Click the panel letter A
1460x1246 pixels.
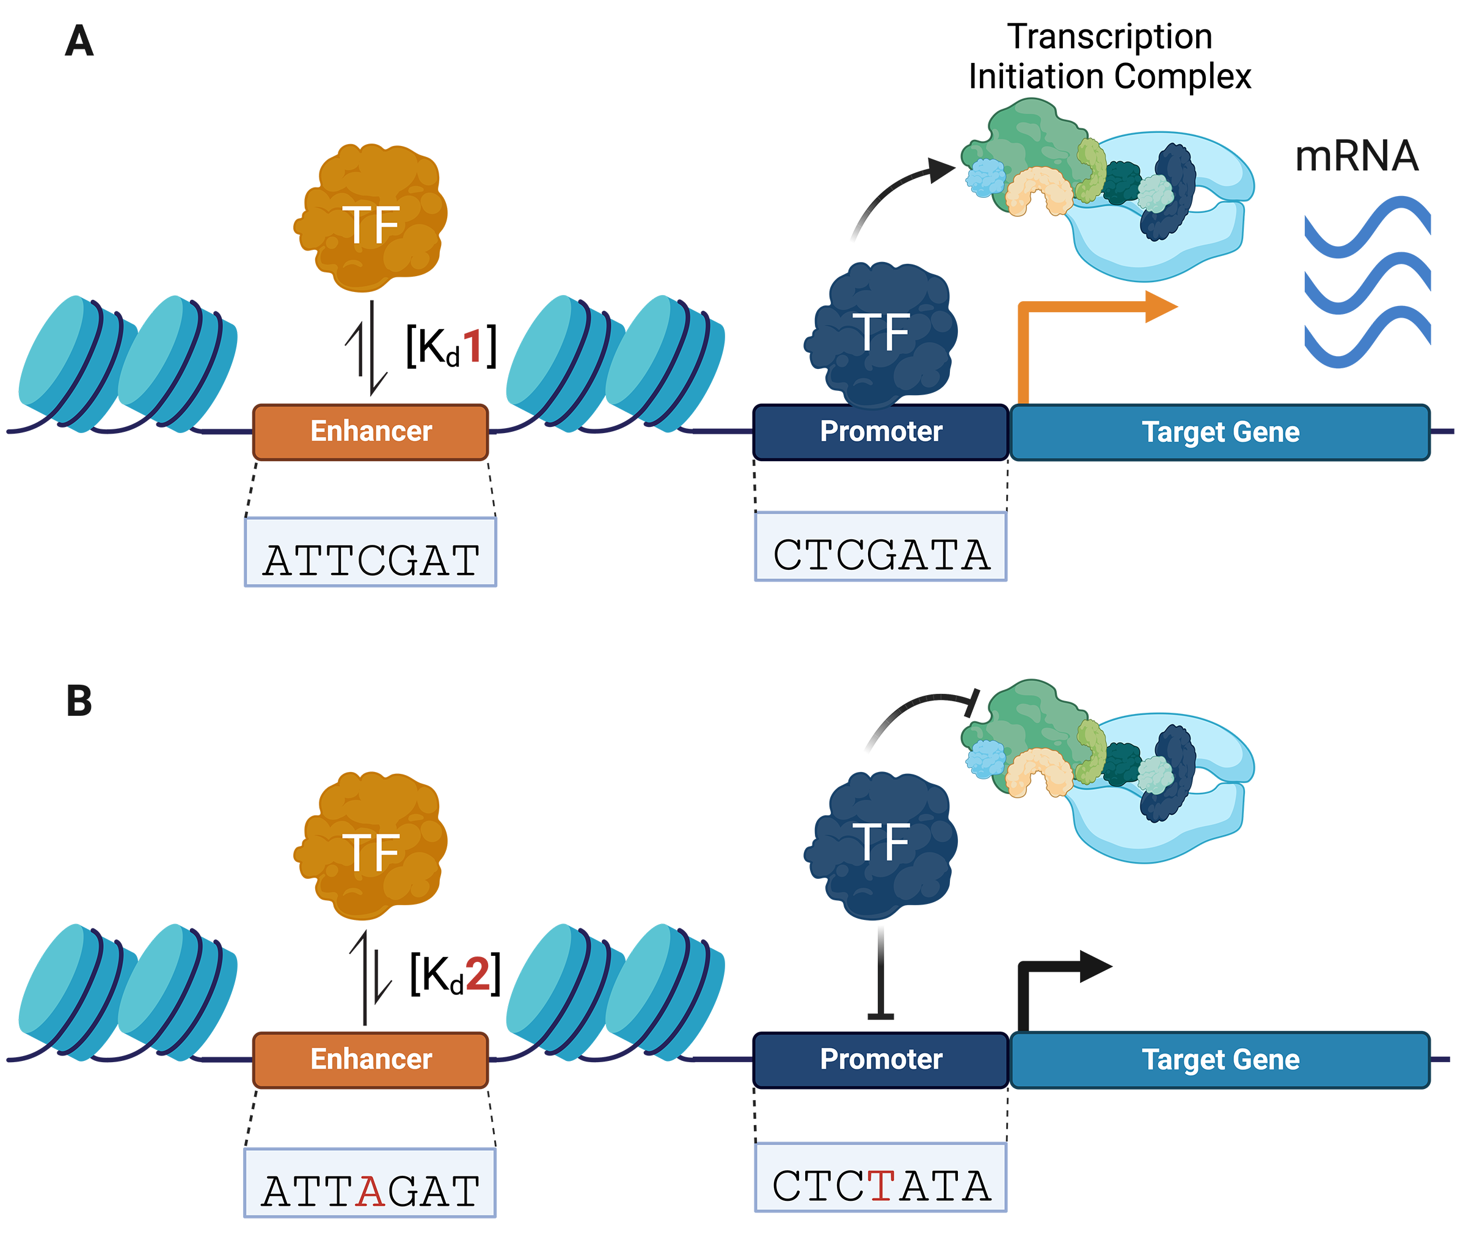79,42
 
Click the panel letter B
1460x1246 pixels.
79,702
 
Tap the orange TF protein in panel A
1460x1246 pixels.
371,218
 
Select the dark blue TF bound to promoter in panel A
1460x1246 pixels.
881,335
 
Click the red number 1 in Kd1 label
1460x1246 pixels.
473,346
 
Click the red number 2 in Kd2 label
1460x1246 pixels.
477,974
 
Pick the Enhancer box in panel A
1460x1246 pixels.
371,432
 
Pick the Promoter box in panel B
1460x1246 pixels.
881,1059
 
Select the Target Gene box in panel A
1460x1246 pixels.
1220,432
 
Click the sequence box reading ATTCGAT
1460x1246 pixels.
371,552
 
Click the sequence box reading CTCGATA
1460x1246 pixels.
881,546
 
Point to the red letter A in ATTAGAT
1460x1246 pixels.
370,1191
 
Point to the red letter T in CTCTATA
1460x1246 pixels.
881,1186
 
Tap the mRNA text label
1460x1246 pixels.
1356,156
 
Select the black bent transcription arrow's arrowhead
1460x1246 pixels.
1094,966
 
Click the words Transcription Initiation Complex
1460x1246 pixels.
1109,56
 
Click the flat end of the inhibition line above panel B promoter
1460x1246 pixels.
881,1016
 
